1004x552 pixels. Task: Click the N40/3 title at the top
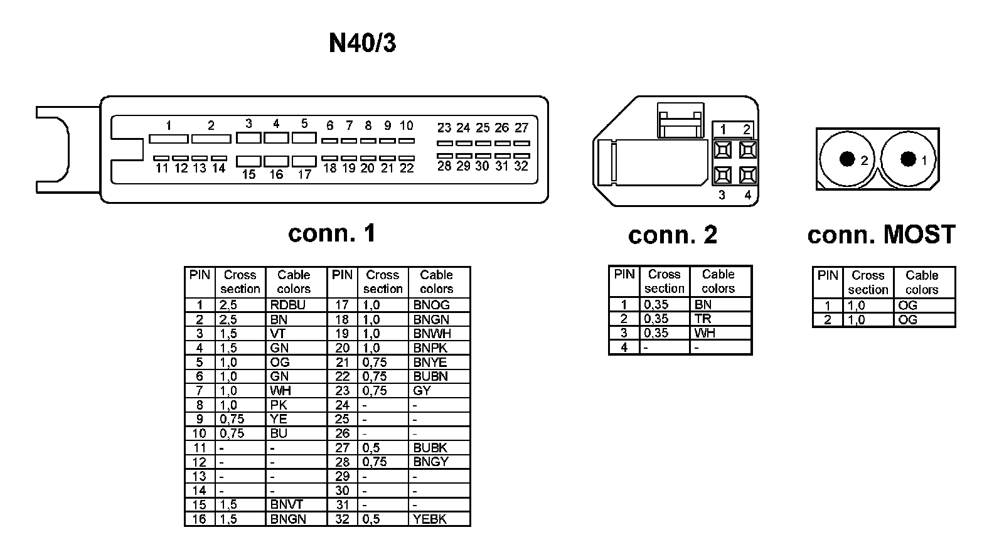362,43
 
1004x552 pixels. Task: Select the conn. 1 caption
331,233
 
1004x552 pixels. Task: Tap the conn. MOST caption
881,235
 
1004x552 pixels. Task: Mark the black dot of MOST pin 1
907,159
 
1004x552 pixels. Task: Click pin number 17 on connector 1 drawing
304,175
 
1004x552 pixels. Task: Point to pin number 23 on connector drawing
444,128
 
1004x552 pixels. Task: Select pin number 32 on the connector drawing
521,166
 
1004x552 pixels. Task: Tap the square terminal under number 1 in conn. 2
723,150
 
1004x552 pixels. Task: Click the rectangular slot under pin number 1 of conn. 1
168,139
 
